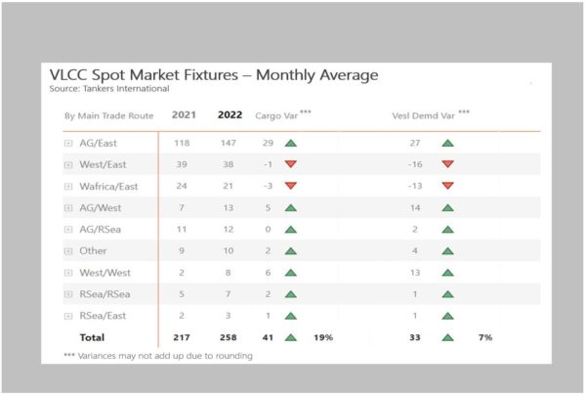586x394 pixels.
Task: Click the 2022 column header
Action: (x=230, y=114)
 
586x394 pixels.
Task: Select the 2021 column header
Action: (x=184, y=114)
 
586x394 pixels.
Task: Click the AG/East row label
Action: (x=98, y=144)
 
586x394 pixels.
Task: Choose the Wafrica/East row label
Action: (x=108, y=187)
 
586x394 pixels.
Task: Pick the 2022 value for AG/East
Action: (x=228, y=143)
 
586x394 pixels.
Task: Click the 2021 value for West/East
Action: (x=182, y=164)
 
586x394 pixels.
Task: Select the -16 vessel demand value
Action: (x=415, y=164)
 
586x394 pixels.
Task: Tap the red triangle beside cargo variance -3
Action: (x=291, y=185)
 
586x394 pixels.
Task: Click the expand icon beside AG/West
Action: (x=68, y=208)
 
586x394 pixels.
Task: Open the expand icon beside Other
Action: (x=68, y=251)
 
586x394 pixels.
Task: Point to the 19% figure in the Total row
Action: (x=323, y=337)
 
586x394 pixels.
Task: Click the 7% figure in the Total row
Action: (x=485, y=337)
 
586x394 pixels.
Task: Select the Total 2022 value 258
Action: (x=228, y=337)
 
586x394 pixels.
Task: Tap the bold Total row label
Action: (x=92, y=337)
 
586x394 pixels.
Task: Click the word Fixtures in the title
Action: (x=210, y=75)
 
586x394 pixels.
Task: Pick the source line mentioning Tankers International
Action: (x=109, y=89)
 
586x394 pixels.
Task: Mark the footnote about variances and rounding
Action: (x=158, y=356)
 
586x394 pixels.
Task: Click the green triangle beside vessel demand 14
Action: (x=447, y=207)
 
